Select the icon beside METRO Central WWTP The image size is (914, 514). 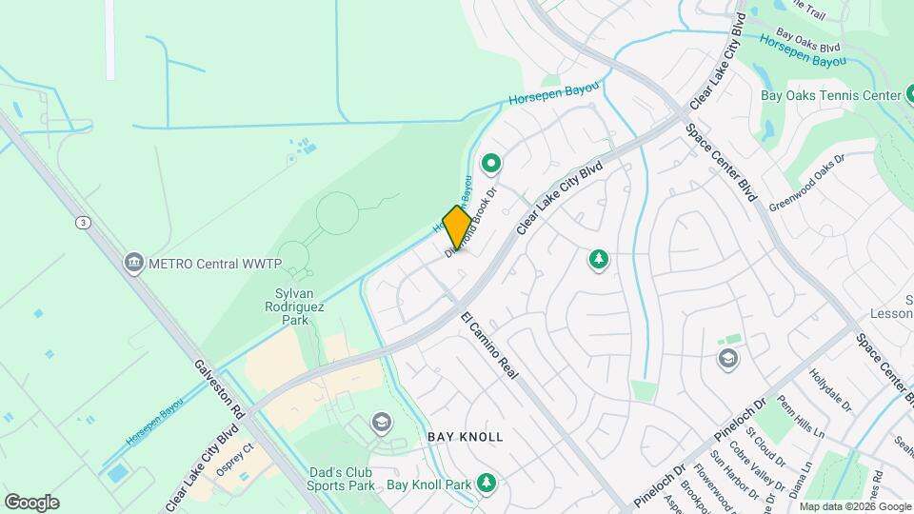[134, 262]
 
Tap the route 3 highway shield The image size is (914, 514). [84, 222]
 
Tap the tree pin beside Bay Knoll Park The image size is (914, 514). [487, 484]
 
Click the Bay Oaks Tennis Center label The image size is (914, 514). [830, 95]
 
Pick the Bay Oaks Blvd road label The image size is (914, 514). [806, 40]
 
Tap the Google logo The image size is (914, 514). [31, 503]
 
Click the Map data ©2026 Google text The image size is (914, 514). [854, 506]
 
